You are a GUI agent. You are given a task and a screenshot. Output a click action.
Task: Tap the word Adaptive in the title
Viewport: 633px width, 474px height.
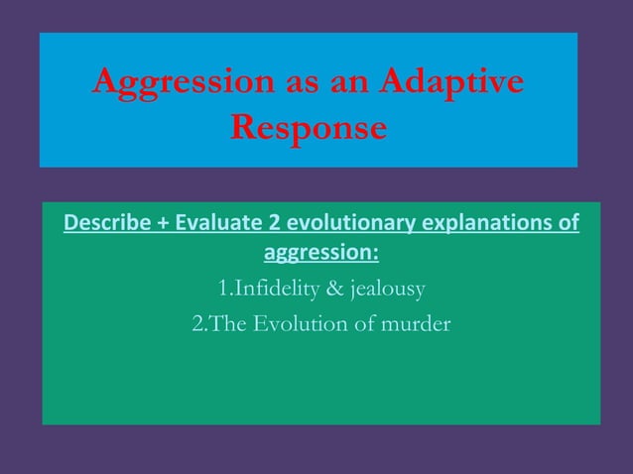click(449, 85)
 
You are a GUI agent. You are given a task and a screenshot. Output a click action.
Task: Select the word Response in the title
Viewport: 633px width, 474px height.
click(308, 129)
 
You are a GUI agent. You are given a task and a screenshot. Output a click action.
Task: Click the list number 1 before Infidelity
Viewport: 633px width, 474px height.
click(221, 289)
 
